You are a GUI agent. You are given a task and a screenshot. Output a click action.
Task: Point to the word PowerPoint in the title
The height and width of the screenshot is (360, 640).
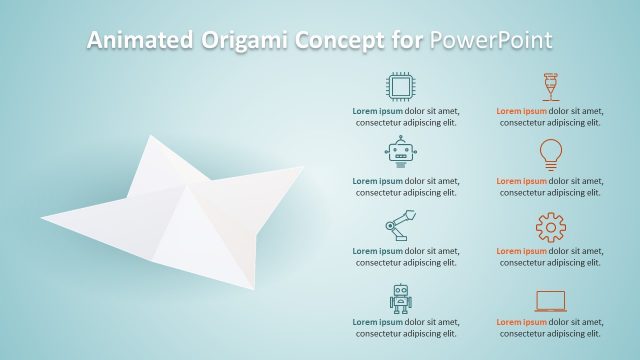(490, 40)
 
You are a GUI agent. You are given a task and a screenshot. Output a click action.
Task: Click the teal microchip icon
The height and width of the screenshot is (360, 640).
(400, 85)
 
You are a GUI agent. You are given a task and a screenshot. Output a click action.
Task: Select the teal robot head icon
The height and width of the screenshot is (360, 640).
(400, 151)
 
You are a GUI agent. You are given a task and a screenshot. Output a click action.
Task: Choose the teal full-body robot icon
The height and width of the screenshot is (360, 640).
(400, 298)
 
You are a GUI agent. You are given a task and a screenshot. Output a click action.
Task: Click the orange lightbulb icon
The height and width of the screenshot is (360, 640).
(550, 151)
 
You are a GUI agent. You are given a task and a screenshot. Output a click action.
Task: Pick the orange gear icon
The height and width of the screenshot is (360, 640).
(550, 228)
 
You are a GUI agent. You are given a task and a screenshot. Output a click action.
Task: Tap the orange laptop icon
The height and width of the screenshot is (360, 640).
(550, 299)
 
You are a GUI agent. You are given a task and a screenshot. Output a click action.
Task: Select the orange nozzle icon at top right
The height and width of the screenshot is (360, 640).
(550, 85)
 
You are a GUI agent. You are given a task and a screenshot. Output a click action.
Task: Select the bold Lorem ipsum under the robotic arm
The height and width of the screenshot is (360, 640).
(375, 251)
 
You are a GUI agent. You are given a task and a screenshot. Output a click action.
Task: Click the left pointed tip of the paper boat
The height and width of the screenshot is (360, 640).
(44, 217)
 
